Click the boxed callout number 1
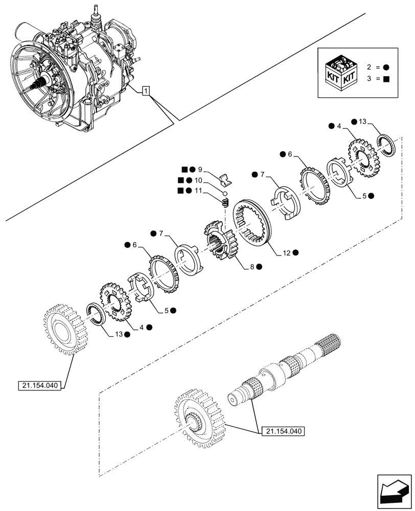[146, 91]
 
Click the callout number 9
[200, 169]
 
